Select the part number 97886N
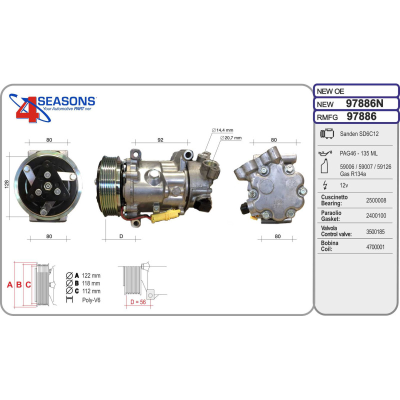coord(364,103)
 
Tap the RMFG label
coord(327,117)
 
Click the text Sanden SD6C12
coord(359,134)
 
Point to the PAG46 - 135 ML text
coord(358,153)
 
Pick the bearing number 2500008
coord(376,200)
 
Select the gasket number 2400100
coord(376,216)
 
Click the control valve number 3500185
coord(375,231)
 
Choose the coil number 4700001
coord(375,247)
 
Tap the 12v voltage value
coord(343,185)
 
